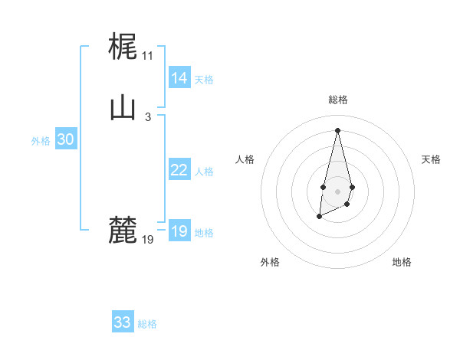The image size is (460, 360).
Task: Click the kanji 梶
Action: point(123,46)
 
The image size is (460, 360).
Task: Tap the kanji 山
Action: point(123,107)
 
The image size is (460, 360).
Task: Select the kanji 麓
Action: point(123,231)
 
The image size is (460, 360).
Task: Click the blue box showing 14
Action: point(179,78)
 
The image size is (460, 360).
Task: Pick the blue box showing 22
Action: point(179,170)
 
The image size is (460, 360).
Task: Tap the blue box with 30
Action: point(65,139)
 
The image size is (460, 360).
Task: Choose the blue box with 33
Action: point(123,322)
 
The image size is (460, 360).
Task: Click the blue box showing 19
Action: point(179,231)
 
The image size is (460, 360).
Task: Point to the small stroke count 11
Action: point(147,56)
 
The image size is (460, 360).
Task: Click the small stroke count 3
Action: point(147,117)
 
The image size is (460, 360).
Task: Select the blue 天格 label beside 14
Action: point(204,80)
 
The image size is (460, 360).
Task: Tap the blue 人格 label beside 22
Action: point(204,172)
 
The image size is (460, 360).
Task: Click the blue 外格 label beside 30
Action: point(41,141)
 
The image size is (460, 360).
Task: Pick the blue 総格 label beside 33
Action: point(147,324)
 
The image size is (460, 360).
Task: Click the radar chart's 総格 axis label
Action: point(337,100)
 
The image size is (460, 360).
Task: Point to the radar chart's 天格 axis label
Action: point(431,159)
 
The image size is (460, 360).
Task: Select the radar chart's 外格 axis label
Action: point(270,262)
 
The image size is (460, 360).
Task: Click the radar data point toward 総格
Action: point(337,129)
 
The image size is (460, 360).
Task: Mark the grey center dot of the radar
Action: point(337,190)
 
